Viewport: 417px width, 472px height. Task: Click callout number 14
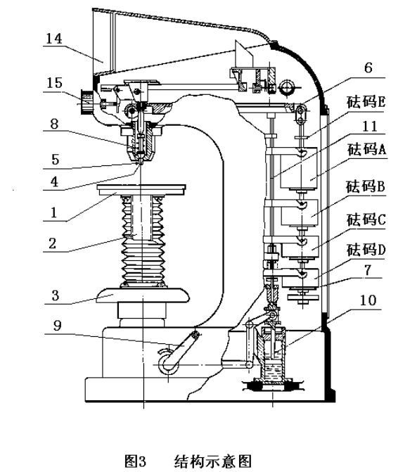coord(54,39)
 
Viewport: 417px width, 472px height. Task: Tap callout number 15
coord(54,83)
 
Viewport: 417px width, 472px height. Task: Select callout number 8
coord(54,124)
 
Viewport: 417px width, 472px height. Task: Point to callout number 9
coord(57,326)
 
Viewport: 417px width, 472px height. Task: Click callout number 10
coord(368,300)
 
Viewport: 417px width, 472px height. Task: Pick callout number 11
coord(369,126)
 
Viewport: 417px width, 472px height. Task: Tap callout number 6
coord(368,68)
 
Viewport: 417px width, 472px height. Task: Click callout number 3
coord(55,295)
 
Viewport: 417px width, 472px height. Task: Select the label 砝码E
coord(366,102)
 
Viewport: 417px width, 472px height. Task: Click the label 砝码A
coord(366,149)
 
